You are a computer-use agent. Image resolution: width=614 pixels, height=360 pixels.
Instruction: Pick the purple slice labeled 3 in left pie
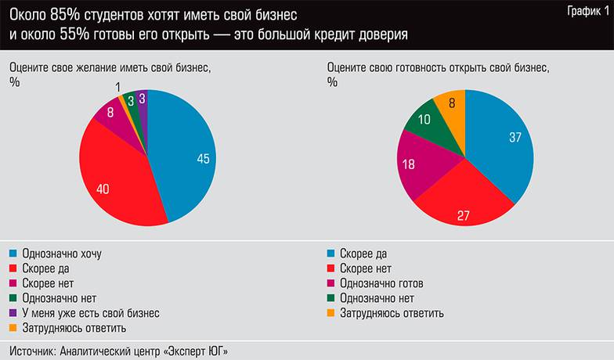142,99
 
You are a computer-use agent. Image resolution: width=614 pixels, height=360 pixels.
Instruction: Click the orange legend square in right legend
331,313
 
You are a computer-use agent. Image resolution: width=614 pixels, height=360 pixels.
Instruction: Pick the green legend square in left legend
13,298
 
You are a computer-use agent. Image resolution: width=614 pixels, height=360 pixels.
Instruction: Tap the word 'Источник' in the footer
32,349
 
